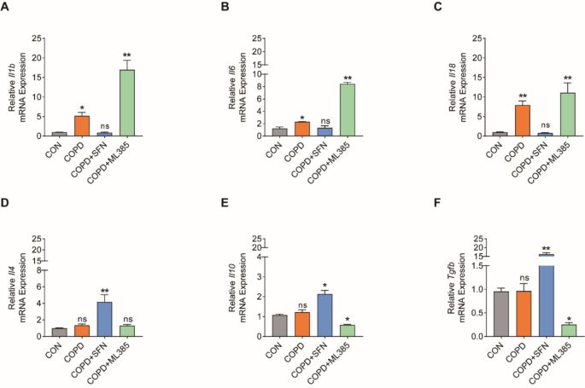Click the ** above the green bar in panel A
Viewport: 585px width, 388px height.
click(126, 53)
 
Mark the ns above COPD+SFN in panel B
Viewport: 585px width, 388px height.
click(301, 119)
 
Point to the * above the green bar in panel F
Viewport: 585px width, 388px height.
click(545, 317)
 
